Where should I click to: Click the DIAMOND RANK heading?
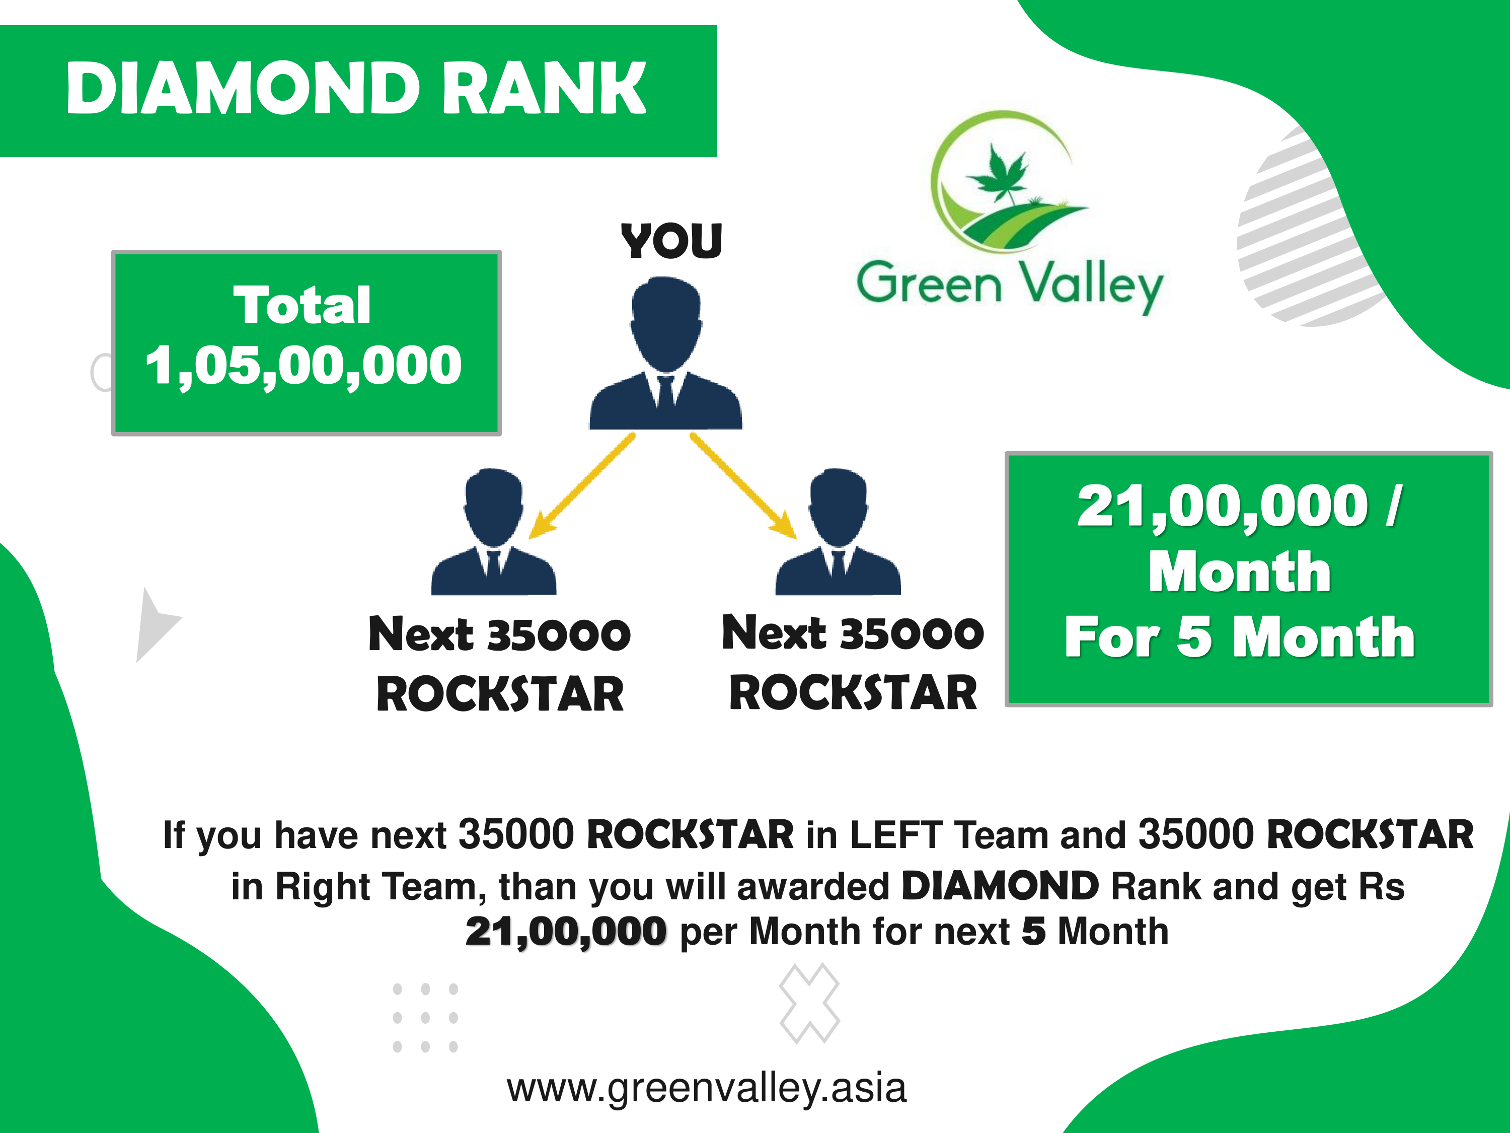pyautogui.click(x=356, y=88)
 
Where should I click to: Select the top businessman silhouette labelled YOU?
pyautogui.click(x=665, y=352)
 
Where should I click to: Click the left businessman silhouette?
pyautogui.click(x=494, y=531)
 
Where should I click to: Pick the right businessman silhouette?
pyautogui.click(x=838, y=531)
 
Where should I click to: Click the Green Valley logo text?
pyautogui.click(x=1010, y=286)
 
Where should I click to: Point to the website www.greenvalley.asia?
pyautogui.click(x=707, y=1088)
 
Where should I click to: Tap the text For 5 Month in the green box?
pyautogui.click(x=1239, y=636)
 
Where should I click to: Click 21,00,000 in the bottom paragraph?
pyautogui.click(x=566, y=932)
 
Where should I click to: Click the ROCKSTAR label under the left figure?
pyautogui.click(x=500, y=694)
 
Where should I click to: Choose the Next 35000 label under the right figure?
pyautogui.click(x=853, y=632)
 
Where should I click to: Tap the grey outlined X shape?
pyautogui.click(x=809, y=1003)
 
